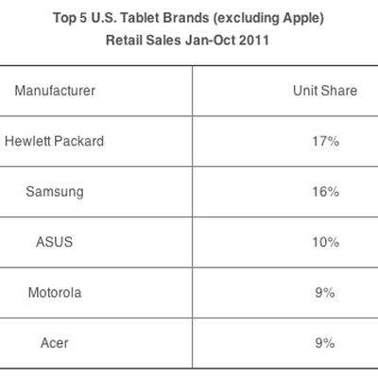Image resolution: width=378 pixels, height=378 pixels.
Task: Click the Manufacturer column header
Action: click(x=55, y=91)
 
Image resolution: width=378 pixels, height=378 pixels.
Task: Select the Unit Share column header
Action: click(x=325, y=91)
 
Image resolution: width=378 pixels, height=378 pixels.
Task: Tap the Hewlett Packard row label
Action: click(x=55, y=142)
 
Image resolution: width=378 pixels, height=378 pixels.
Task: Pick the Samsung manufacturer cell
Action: click(x=55, y=192)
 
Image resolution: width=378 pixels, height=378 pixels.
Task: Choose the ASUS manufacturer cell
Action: click(x=55, y=242)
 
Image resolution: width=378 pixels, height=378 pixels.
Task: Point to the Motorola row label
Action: click(x=55, y=293)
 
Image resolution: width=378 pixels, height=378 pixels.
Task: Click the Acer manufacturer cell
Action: click(x=55, y=343)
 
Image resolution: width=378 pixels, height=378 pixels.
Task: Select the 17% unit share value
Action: click(x=325, y=142)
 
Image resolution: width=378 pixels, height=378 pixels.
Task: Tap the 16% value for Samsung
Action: click(x=325, y=192)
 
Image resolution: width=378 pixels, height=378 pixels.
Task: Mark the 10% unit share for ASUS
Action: click(x=325, y=242)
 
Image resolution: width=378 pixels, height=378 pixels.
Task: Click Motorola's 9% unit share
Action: click(x=325, y=293)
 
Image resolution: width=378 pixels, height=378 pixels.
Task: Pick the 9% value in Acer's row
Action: click(x=325, y=343)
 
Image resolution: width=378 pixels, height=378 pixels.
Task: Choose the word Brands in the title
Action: click(x=181, y=19)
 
